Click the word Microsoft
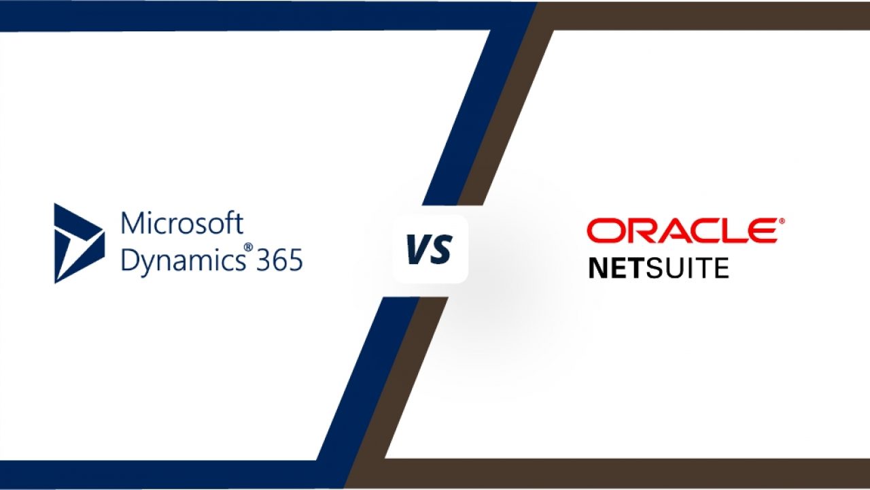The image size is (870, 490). [x=182, y=223]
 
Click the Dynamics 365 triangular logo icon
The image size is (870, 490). [x=80, y=244]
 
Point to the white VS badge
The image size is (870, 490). [x=430, y=249]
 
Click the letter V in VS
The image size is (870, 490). [x=417, y=249]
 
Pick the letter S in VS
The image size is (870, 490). [x=441, y=249]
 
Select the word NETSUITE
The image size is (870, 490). [x=659, y=268]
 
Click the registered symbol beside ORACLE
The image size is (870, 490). [x=782, y=221]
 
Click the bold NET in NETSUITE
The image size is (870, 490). [x=618, y=268]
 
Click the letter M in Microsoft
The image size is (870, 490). [x=131, y=224]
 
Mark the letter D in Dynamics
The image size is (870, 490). [x=130, y=259]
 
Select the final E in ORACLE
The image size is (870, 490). [x=763, y=231]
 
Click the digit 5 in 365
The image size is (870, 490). [x=296, y=260]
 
